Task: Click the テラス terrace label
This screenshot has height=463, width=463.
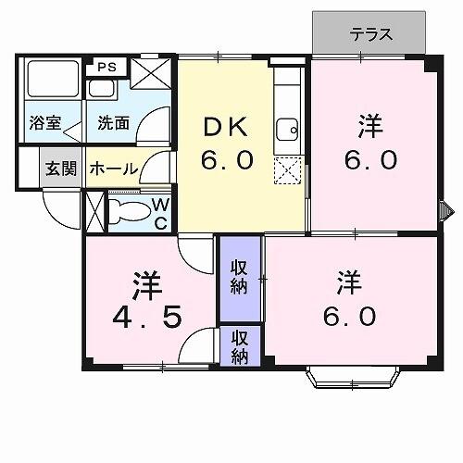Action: coord(371,35)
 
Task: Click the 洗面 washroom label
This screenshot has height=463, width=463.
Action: coord(113,122)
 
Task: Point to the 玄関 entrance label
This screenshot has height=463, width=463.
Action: coord(62,169)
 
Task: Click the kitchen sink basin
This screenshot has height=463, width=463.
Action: coord(288,129)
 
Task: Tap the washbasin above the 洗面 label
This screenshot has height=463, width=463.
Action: coord(100,90)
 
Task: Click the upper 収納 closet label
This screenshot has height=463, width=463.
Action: coord(240,277)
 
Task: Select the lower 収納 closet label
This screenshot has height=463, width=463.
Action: coord(240,345)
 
